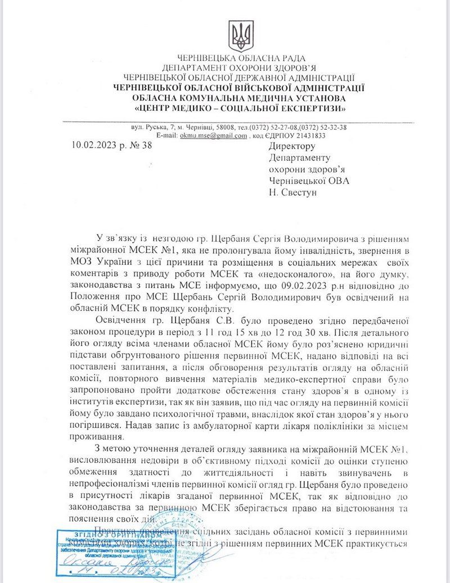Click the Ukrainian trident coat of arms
click(241, 37)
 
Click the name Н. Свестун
click(294, 192)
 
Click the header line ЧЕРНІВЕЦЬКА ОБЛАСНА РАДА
click(241, 58)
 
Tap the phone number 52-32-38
click(332, 127)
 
